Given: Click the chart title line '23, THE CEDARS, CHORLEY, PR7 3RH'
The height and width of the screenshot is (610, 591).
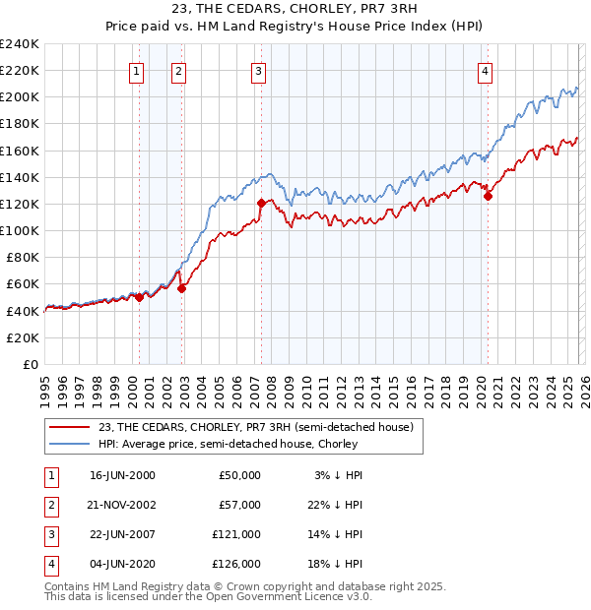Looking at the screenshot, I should (295, 11).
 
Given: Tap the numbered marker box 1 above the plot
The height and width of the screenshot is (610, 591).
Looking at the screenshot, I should (136, 70).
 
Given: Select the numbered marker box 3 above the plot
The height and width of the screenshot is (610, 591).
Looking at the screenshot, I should (258, 70).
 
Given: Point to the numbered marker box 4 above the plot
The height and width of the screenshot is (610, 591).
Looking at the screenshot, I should (486, 70).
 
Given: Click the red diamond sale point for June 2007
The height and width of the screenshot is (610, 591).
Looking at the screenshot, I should (261, 203).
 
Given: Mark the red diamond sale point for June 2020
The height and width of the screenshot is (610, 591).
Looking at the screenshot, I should (488, 196).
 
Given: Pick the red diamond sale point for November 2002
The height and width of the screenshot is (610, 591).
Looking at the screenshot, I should (182, 287).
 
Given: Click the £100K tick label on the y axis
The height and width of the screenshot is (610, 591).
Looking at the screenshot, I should (20, 230).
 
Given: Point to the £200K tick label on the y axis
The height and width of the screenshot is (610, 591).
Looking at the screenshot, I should (20, 96).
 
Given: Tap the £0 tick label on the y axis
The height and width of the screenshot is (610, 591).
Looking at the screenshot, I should (30, 364).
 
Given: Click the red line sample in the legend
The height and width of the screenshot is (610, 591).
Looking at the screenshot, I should (70, 427).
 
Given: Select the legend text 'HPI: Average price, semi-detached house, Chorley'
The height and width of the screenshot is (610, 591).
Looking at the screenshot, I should (228, 444).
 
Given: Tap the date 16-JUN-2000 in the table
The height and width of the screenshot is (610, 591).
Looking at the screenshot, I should (122, 475).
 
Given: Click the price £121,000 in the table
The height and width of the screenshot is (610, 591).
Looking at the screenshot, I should (236, 534).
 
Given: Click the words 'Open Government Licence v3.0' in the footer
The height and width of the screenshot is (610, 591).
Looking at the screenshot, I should (287, 596).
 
